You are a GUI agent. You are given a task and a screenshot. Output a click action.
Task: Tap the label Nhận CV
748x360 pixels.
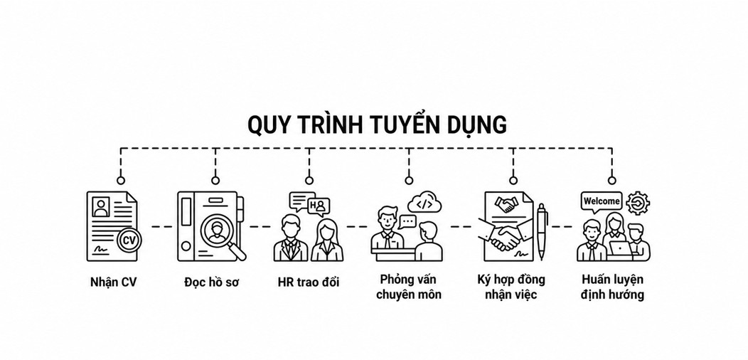(114, 282)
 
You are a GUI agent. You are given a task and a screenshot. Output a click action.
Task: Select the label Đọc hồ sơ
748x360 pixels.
(211, 282)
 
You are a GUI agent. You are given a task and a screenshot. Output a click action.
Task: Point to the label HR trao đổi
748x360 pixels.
(309, 282)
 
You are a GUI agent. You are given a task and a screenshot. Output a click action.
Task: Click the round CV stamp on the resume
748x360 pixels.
(129, 240)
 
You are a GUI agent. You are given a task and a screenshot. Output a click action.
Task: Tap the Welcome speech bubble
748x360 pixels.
(601, 202)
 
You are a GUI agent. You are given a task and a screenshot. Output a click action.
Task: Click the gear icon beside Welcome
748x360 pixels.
(638, 203)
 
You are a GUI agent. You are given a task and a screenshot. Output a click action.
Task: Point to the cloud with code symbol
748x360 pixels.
(424, 203)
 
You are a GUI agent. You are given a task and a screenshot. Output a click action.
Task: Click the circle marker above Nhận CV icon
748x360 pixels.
(121, 181)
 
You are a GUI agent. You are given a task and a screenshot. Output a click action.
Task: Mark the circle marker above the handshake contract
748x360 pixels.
(513, 181)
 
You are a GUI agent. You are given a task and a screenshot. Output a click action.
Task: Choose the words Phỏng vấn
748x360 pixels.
(408, 279)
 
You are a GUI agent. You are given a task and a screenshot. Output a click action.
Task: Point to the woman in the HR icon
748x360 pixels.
(327, 240)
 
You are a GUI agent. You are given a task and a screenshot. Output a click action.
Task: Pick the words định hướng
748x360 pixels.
(612, 294)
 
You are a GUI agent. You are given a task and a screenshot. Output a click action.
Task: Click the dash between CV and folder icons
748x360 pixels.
(161, 226)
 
